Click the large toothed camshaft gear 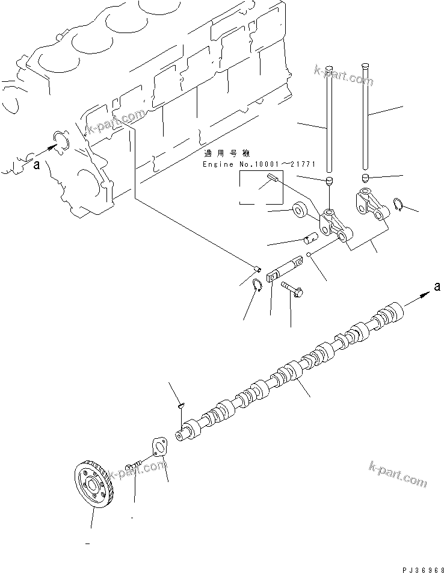point(94,482)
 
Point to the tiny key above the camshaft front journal point(180,406)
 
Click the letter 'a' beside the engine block point(37,167)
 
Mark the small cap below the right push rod point(365,178)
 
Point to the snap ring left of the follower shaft point(256,285)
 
